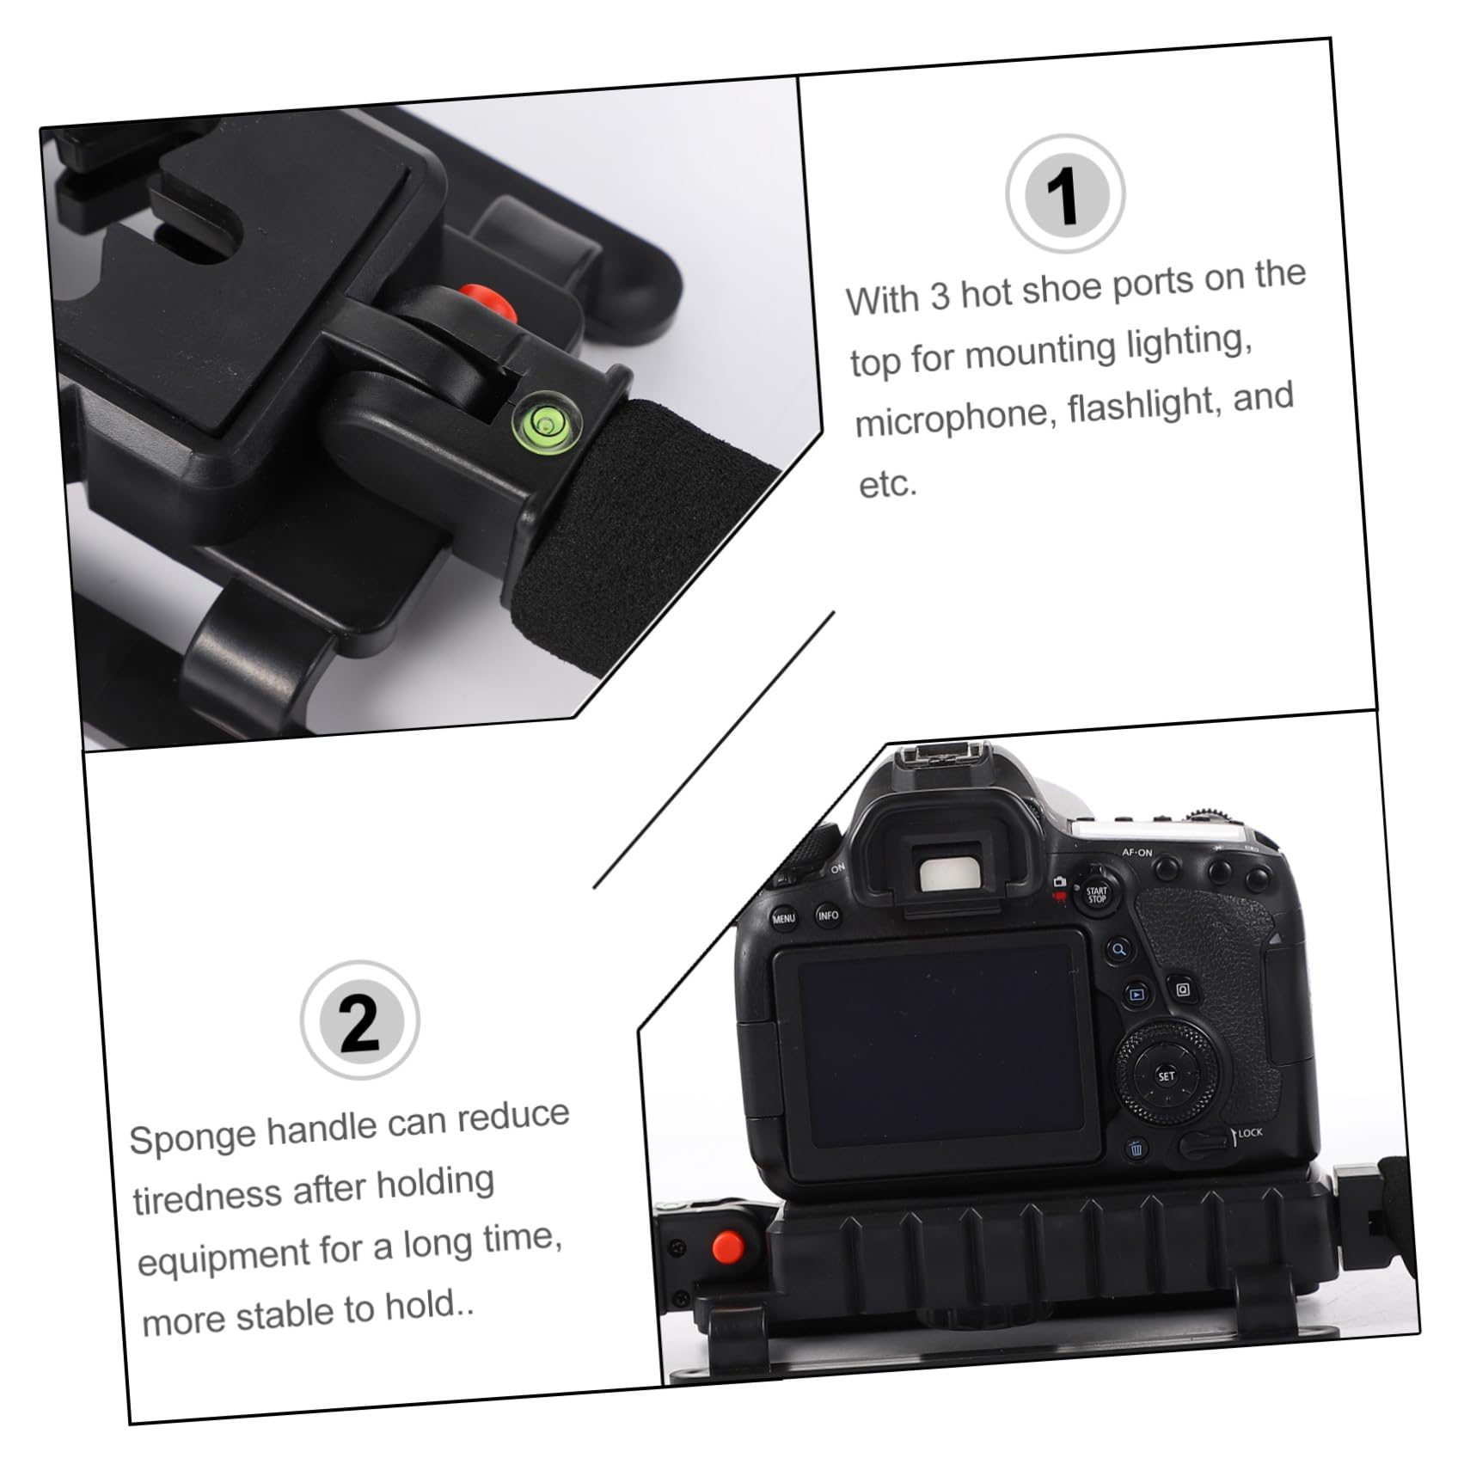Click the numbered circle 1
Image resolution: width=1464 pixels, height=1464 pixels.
[x=1065, y=194]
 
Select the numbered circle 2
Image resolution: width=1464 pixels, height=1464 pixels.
[x=360, y=1020]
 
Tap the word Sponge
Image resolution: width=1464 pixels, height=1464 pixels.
[x=192, y=1136]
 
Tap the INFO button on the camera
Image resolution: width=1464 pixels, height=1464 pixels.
[x=828, y=915]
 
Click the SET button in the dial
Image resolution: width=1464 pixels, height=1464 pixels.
[x=1166, y=1075]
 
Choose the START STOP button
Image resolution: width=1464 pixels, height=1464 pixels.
[x=1096, y=895]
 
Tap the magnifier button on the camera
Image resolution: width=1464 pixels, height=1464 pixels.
[x=1118, y=950]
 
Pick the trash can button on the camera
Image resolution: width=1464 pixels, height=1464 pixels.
[x=1136, y=1149]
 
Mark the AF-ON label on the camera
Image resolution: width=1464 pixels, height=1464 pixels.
[x=1136, y=853]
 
